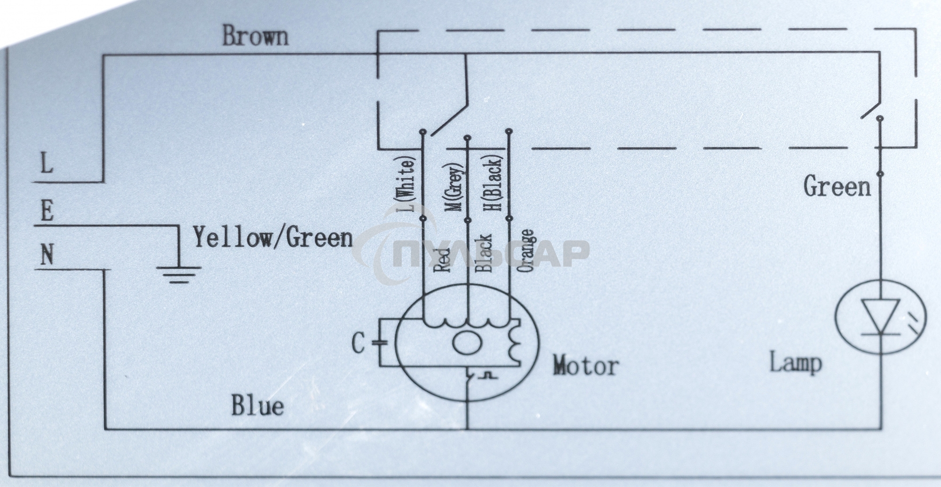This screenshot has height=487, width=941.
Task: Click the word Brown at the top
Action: pyautogui.click(x=255, y=36)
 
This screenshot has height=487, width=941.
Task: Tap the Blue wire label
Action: pyautogui.click(x=257, y=406)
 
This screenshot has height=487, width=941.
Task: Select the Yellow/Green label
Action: pyautogui.click(x=273, y=237)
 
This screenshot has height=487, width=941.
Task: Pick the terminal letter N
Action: pyautogui.click(x=47, y=256)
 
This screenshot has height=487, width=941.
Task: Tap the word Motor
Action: pyautogui.click(x=585, y=366)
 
